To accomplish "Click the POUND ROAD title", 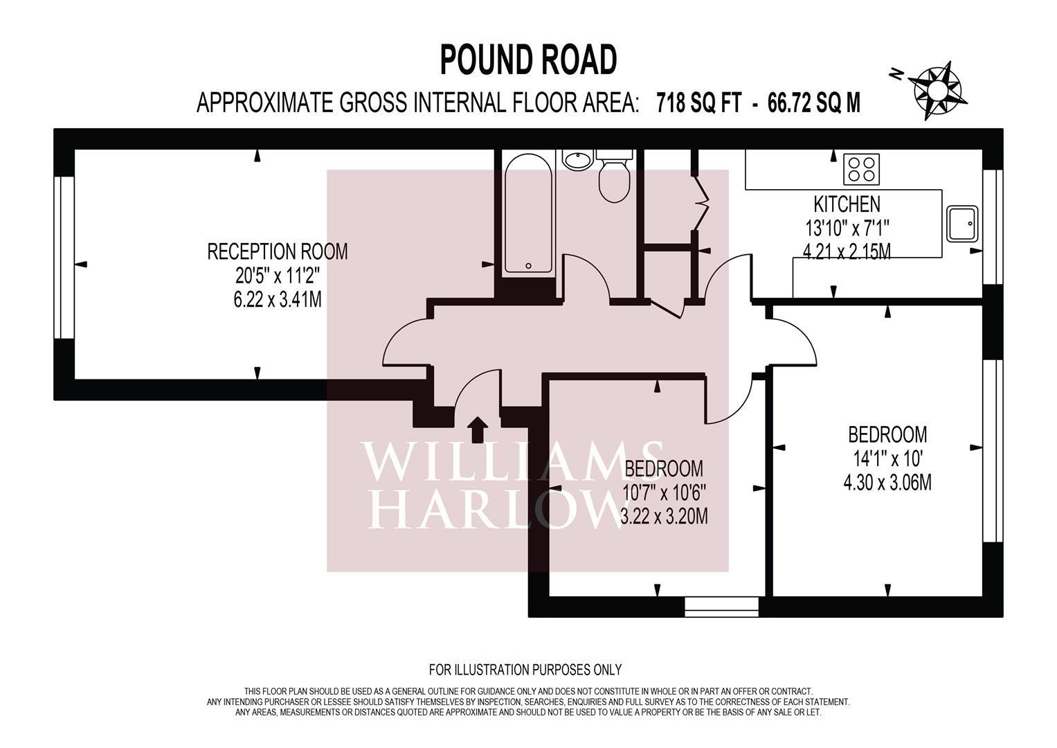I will [528, 60].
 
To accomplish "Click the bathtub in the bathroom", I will [528, 213].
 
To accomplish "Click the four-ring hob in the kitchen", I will [861, 169].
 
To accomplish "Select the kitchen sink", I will [961, 223].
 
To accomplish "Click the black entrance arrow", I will [476, 429].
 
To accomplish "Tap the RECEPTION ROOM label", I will [278, 251].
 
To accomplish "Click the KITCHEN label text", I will [846, 204].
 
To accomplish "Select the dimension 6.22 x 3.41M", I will [278, 300].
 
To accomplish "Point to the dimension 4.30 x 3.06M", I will [887, 482].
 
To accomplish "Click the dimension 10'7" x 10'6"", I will [664, 492].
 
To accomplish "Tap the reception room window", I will [64, 258].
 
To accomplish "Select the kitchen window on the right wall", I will [993, 227].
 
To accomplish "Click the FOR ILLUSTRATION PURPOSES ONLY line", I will [525, 670].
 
